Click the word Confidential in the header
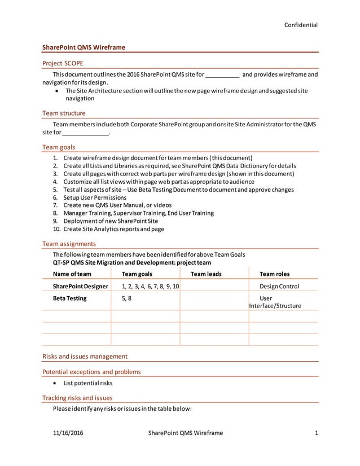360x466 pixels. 300,25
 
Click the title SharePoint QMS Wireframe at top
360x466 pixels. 84,47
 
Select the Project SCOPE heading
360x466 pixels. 63,63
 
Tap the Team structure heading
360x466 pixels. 64,113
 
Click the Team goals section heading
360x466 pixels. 59,147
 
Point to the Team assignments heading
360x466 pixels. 69,244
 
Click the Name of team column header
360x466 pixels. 72,274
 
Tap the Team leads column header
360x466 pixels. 206,274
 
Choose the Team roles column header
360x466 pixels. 274,274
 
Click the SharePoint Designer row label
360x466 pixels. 80,287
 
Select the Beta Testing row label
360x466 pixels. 69,298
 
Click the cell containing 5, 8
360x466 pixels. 127,298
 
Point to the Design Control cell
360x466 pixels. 279,287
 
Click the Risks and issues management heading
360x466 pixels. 85,356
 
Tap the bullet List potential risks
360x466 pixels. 88,383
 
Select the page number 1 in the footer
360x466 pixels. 317,433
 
